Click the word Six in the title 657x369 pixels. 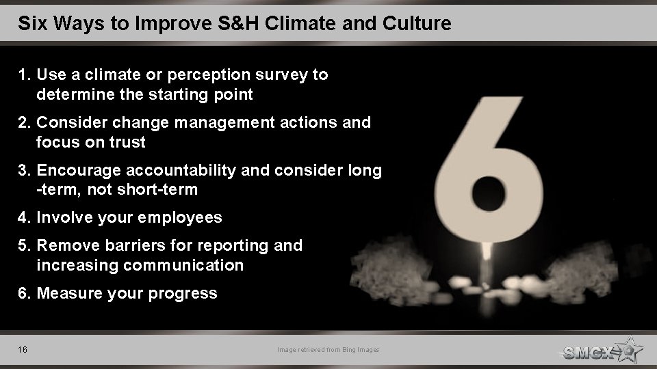point(31,25)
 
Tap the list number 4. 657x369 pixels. point(24,218)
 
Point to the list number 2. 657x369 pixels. point(24,123)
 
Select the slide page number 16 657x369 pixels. point(23,351)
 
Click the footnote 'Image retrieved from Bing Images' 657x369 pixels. point(328,351)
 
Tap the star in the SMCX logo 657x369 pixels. point(628,350)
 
